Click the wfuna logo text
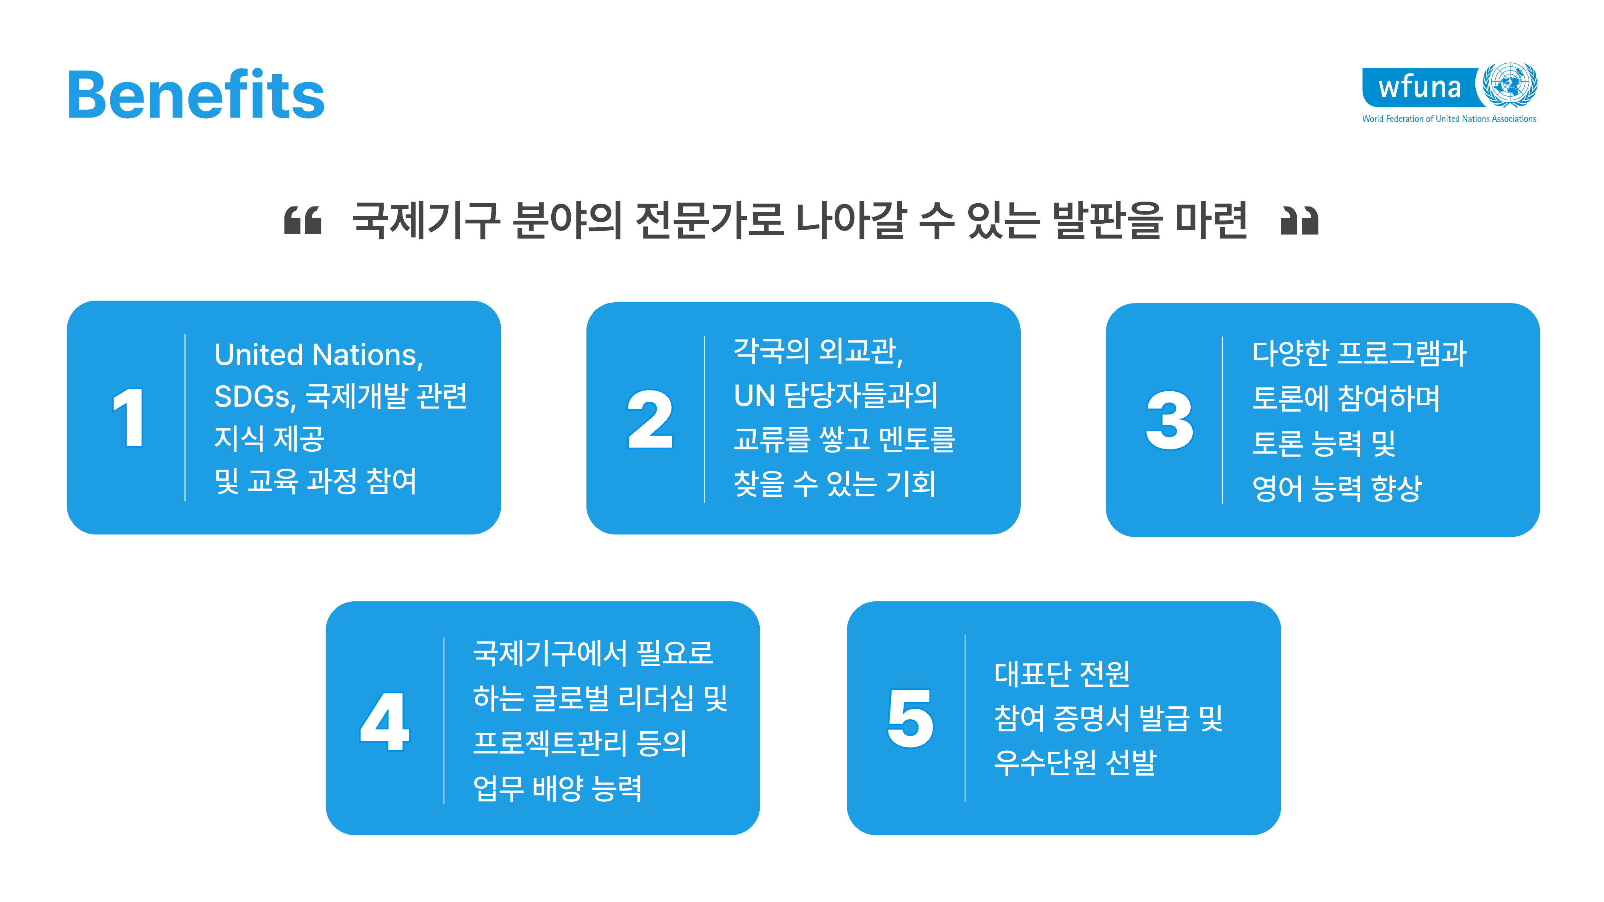click(1419, 87)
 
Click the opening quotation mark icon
click(303, 220)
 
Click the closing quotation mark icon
click(1299, 220)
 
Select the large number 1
click(129, 417)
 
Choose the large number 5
click(910, 718)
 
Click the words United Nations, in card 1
click(319, 355)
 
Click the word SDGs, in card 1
click(255, 396)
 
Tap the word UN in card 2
click(754, 395)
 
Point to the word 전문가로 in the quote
click(709, 220)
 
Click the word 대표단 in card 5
click(1032, 673)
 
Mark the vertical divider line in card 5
click(965, 718)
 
